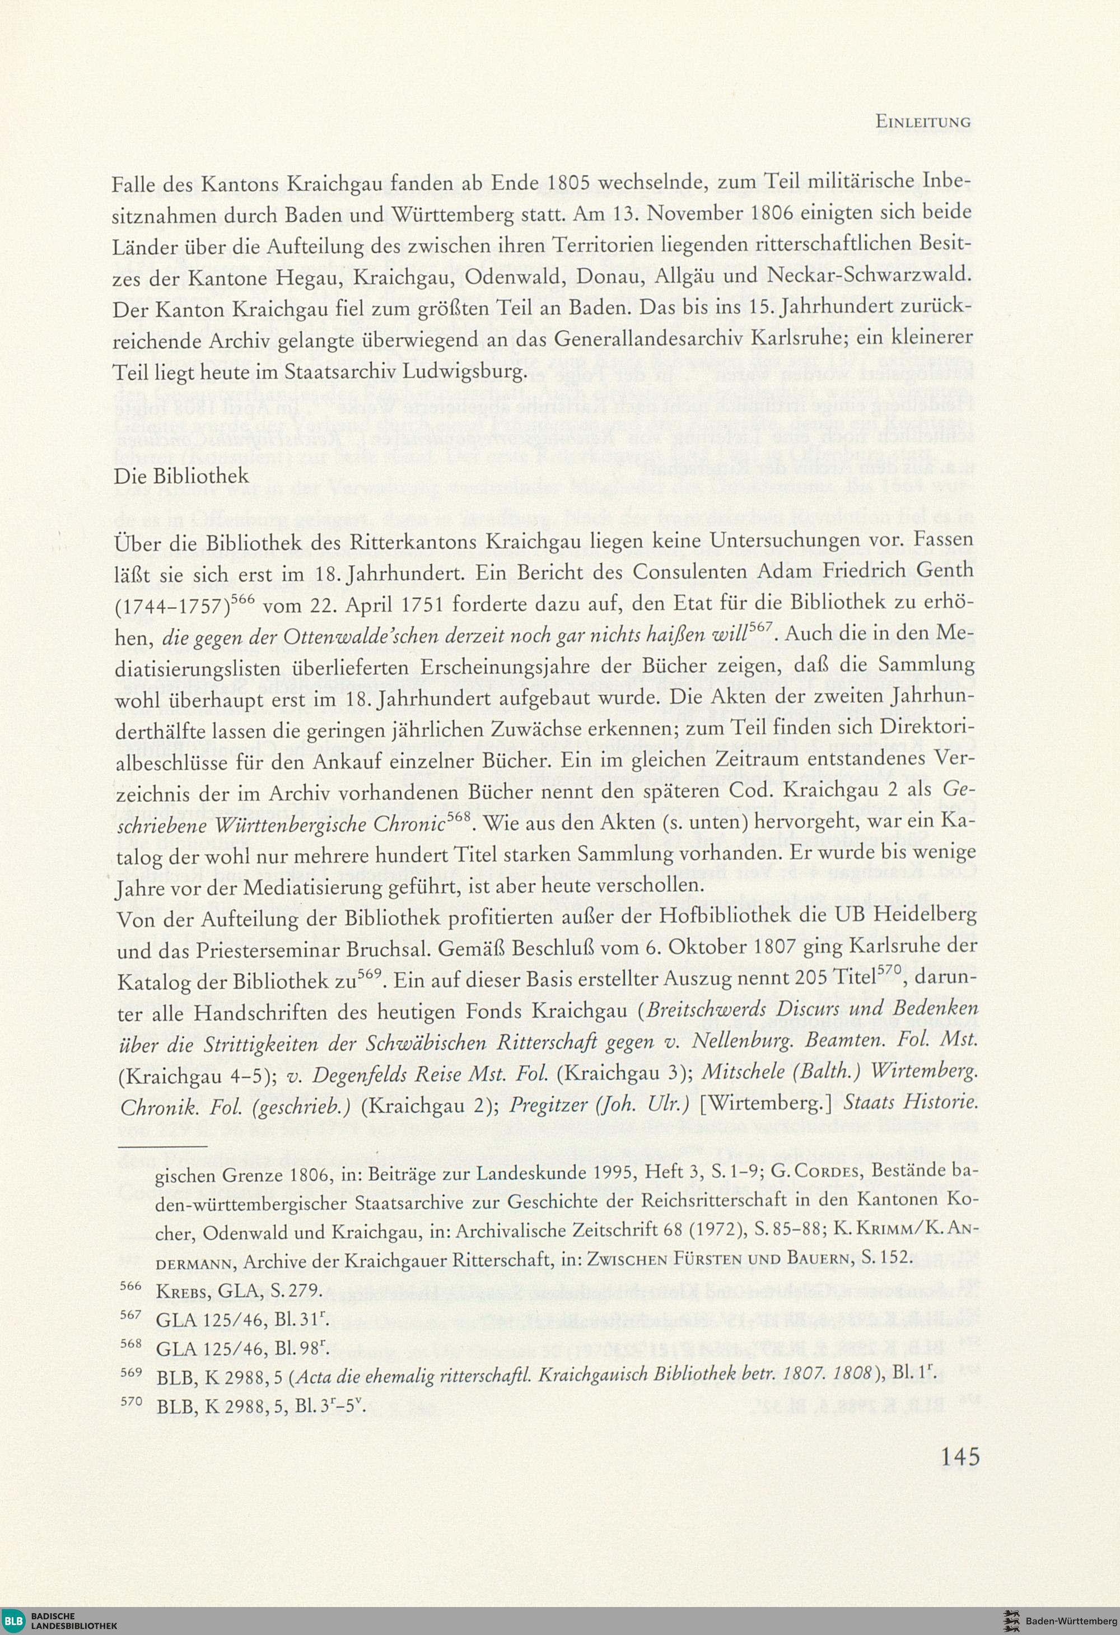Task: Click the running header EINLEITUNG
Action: (x=922, y=122)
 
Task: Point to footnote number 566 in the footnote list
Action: (x=131, y=1285)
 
